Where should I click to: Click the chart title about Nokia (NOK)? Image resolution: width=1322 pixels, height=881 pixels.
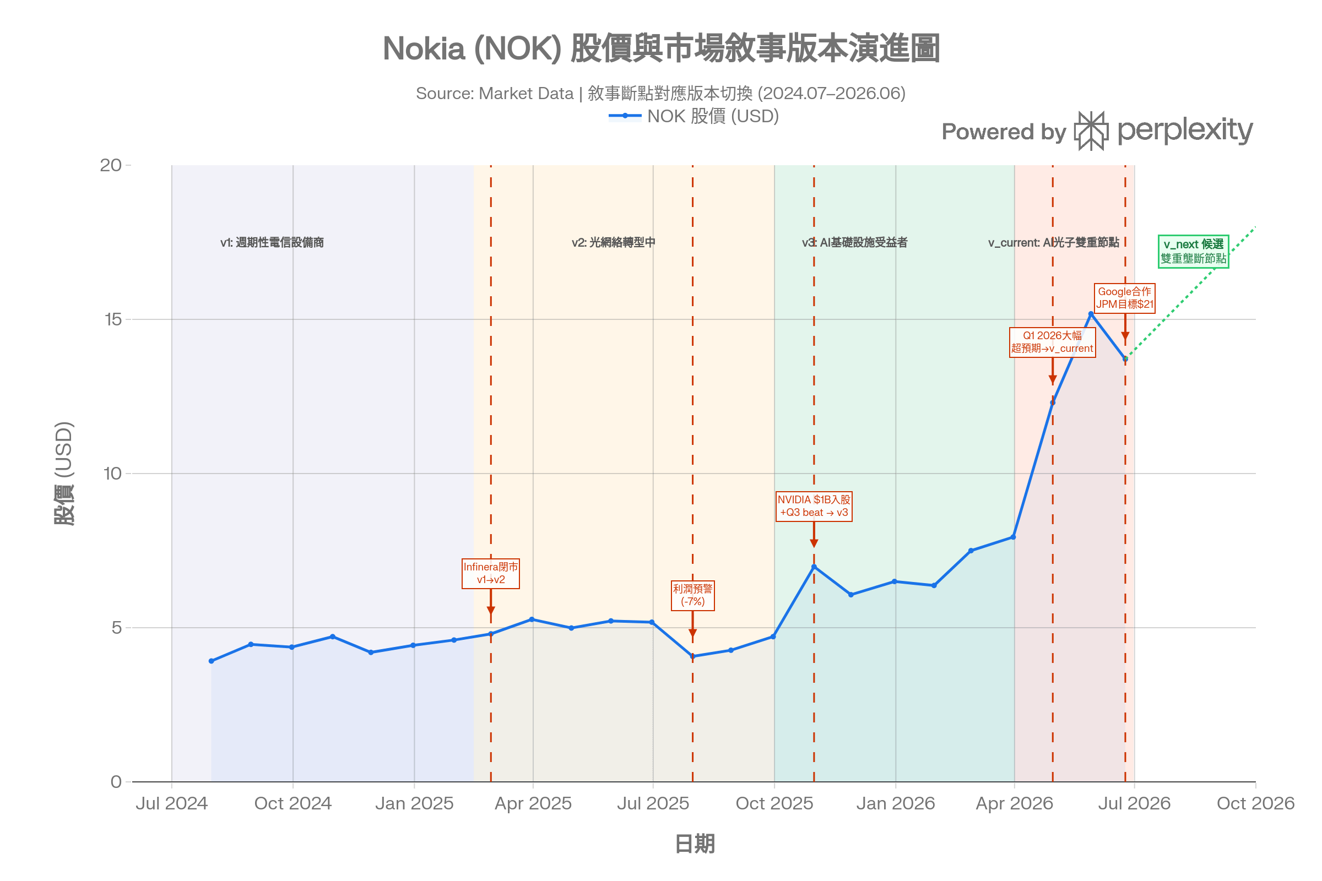661,48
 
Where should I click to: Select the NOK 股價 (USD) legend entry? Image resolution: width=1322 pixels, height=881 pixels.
693,116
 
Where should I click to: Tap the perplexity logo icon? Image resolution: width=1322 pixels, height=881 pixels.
1091,131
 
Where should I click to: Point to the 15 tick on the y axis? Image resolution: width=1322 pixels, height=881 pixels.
113,319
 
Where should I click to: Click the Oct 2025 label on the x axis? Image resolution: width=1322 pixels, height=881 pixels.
774,803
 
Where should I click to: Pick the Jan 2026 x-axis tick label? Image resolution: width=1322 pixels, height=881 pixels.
896,803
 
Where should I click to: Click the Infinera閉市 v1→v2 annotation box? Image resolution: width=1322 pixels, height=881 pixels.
491,574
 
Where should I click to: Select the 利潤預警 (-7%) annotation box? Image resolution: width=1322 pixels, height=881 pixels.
692,596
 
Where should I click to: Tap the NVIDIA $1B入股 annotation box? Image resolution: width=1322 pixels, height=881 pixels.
814,506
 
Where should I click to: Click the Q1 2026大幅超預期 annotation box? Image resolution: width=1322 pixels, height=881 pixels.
1052,342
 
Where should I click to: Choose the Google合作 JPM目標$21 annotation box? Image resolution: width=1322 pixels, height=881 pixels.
1125,298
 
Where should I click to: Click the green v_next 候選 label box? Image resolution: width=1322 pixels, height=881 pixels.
1193,251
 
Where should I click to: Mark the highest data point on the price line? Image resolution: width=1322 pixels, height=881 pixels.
1091,314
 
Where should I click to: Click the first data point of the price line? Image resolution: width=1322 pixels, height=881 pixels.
212,661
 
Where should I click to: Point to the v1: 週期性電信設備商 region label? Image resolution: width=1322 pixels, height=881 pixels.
272,242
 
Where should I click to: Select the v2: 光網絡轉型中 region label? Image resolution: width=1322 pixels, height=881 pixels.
613,242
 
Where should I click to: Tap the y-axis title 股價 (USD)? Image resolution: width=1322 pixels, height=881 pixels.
64,473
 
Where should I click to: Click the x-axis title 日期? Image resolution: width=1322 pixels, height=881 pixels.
694,844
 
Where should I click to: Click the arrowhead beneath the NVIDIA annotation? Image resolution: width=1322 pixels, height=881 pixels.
814,543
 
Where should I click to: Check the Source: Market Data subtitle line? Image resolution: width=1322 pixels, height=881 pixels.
661,93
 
